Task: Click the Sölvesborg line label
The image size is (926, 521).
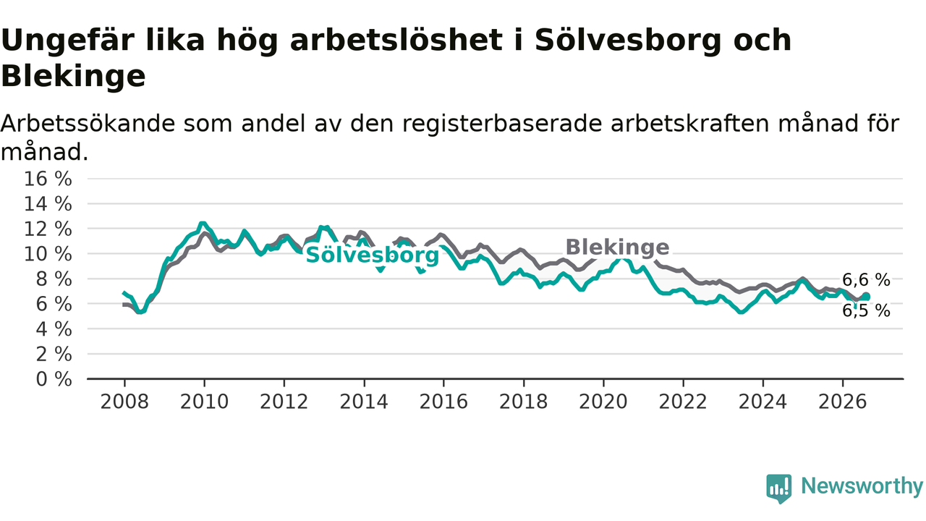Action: pyautogui.click(x=372, y=255)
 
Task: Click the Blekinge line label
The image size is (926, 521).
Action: pyautogui.click(x=617, y=247)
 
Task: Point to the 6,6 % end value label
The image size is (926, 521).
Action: pyautogui.click(x=866, y=280)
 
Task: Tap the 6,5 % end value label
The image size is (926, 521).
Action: pyautogui.click(x=866, y=311)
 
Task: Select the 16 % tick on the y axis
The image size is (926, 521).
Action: pyautogui.click(x=48, y=179)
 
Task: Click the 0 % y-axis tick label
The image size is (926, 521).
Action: pyautogui.click(x=54, y=379)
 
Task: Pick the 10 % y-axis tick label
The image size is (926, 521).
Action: pyautogui.click(x=48, y=254)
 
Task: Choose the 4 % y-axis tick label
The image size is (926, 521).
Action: pyautogui.click(x=54, y=329)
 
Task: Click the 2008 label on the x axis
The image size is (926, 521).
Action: pyautogui.click(x=124, y=402)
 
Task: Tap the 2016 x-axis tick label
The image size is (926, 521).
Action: pyautogui.click(x=443, y=402)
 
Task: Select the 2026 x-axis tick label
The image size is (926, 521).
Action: pyautogui.click(x=843, y=402)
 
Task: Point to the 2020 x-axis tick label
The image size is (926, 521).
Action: pyautogui.click(x=603, y=402)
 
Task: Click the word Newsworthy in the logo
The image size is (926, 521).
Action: pyautogui.click(x=862, y=486)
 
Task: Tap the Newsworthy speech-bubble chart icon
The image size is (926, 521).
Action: pyautogui.click(x=779, y=488)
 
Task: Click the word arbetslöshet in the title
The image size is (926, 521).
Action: pyautogui.click(x=396, y=40)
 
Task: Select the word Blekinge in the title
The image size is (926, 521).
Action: pyautogui.click(x=74, y=77)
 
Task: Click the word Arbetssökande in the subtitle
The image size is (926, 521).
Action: pyautogui.click(x=88, y=123)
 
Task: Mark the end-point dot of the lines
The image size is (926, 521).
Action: pyautogui.click(x=866, y=297)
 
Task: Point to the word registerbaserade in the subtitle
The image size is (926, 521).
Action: pyautogui.click(x=502, y=124)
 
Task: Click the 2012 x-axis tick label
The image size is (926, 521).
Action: pyautogui.click(x=284, y=402)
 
